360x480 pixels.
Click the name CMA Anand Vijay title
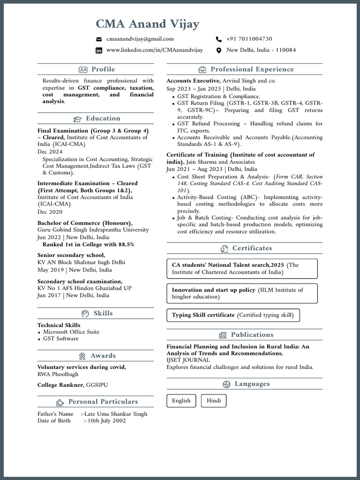148,23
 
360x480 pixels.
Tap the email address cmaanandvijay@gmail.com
140,39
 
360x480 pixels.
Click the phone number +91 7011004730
249,39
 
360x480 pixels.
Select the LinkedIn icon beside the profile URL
99,51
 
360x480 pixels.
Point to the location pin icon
218,51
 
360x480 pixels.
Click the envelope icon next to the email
99,39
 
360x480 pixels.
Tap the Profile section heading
103,69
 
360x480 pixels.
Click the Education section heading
103,119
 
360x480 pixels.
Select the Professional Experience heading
252,69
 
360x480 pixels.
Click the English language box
181,401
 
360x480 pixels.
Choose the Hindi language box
214,401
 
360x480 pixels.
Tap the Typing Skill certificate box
232,315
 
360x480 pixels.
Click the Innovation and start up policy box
242,293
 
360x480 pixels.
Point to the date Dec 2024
50,152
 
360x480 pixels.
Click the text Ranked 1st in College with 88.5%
88,244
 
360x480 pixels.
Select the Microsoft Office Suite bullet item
71,332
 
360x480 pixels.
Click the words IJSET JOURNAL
188,360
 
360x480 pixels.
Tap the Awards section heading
103,356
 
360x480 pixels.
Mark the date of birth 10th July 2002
105,420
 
